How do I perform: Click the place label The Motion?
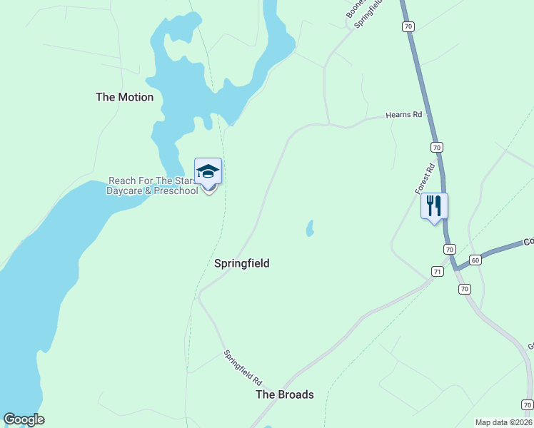tap(124, 97)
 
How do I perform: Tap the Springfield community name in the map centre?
tap(242, 263)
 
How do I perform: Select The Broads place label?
tap(285, 394)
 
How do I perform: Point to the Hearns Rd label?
tap(404, 114)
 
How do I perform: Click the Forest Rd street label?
tap(425, 179)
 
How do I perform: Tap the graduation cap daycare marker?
tap(208, 172)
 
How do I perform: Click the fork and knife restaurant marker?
tap(434, 206)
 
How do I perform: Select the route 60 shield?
tap(475, 260)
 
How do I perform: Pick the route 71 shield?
tap(437, 271)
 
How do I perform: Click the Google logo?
tap(24, 419)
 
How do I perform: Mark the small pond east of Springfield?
tap(310, 228)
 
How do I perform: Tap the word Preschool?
tap(176, 191)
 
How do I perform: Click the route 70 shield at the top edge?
tap(408, 26)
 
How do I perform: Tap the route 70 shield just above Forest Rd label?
tap(436, 146)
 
